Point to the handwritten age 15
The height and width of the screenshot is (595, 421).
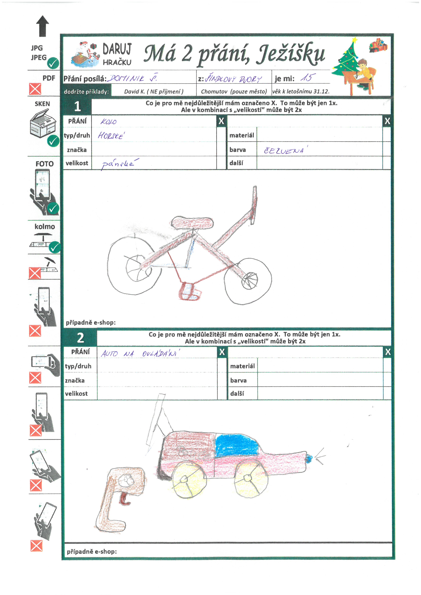(x=308, y=78)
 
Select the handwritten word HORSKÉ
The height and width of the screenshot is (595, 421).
(x=111, y=136)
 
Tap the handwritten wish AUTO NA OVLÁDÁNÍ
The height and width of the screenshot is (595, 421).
(x=140, y=353)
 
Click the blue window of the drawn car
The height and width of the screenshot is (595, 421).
(x=236, y=445)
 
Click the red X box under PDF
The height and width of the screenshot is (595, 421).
(x=35, y=89)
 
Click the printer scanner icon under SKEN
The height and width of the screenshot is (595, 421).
(x=43, y=123)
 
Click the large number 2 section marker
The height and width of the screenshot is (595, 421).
(x=80, y=338)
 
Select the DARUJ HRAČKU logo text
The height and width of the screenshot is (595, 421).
(x=117, y=54)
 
